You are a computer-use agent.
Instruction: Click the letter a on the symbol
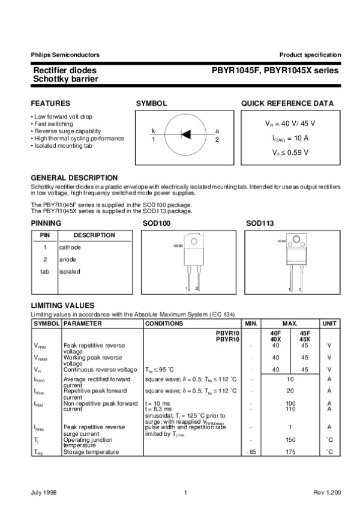[217, 131]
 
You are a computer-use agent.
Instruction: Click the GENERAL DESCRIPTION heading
[74, 178]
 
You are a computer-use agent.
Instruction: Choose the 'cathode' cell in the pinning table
[70, 247]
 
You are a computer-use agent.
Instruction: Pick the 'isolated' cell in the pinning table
[70, 271]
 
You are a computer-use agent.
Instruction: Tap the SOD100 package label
[157, 223]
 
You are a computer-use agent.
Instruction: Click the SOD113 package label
[260, 223]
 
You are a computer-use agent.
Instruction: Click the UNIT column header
[329, 324]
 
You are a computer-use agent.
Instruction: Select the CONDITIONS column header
[164, 324]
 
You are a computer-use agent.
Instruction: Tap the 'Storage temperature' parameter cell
[91, 451]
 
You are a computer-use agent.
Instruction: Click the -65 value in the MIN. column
[251, 451]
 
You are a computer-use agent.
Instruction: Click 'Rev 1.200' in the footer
[328, 493]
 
